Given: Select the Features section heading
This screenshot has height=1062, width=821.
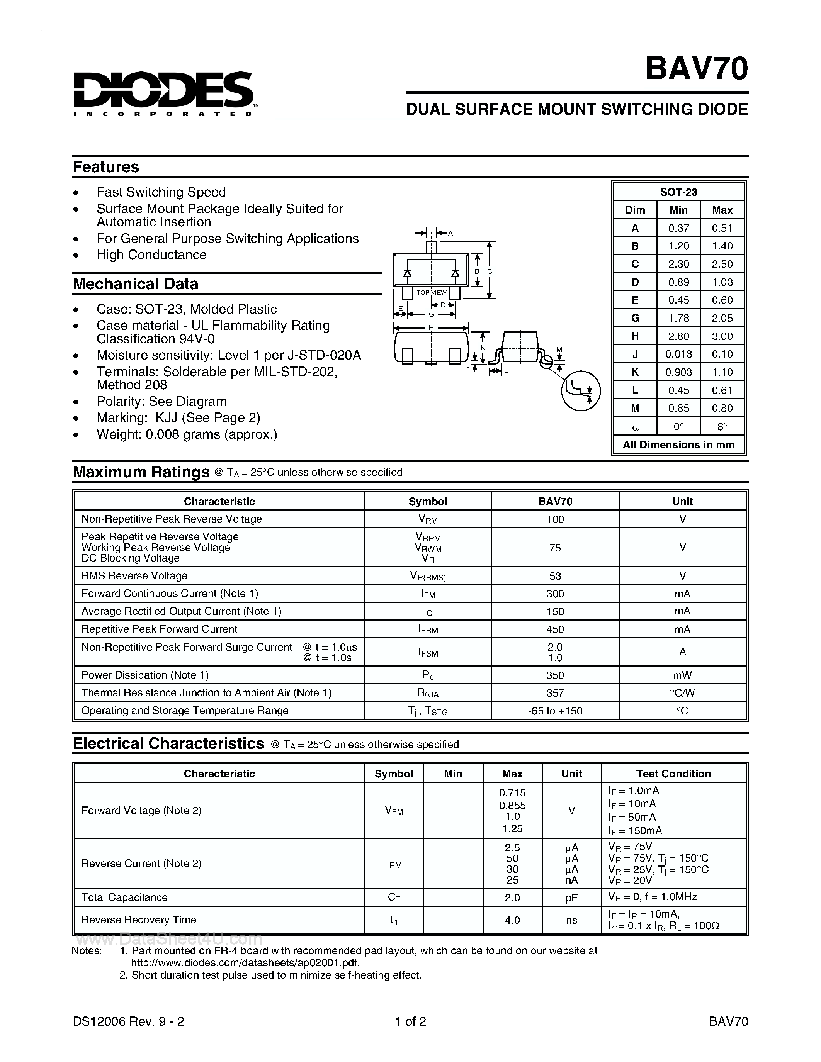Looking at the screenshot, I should click(x=106, y=167).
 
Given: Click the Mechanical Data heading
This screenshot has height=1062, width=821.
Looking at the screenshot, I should click(x=135, y=283).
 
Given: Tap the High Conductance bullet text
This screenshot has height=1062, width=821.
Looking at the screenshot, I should click(x=151, y=255).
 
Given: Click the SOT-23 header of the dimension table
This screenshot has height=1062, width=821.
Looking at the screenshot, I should click(x=678, y=192).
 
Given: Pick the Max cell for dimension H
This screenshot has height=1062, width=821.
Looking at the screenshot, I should click(x=722, y=336).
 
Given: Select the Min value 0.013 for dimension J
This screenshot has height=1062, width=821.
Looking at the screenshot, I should click(x=678, y=354).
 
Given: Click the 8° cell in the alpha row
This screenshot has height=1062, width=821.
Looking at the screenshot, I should click(x=722, y=426).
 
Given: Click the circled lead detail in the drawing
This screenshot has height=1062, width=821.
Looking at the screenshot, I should click(x=581, y=390).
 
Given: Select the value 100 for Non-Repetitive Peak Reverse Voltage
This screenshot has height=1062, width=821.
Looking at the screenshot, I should click(x=554, y=519).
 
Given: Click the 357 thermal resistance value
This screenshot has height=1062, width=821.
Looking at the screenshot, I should click(x=554, y=693).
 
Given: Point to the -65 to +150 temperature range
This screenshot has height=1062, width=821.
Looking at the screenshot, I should click(x=554, y=711).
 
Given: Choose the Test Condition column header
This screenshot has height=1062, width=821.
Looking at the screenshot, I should click(x=673, y=774).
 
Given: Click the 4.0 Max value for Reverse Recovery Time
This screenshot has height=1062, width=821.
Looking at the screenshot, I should click(x=512, y=920).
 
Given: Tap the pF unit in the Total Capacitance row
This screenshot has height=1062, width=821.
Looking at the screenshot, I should click(x=571, y=897).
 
